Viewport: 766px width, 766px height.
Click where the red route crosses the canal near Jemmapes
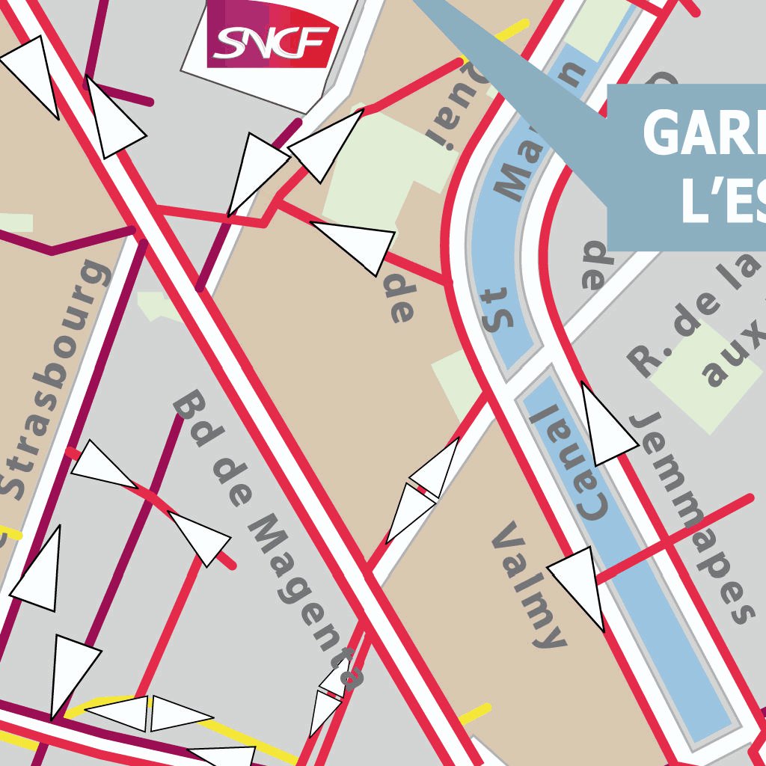point(663,539)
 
